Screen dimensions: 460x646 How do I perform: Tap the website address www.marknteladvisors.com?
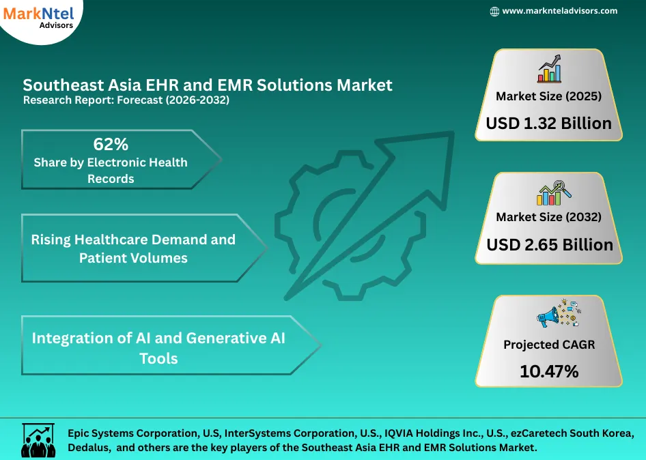559,11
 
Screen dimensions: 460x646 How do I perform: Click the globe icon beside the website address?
494,12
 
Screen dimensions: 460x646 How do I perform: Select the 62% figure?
111,144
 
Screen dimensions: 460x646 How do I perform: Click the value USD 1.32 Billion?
548,124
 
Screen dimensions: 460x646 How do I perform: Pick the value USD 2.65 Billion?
549,244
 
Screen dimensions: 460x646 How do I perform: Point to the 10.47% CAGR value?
548,371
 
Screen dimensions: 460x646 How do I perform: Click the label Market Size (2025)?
548,96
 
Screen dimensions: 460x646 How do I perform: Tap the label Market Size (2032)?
548,217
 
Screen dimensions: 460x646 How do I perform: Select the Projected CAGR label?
548,345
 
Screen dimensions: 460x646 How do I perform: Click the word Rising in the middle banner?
51,240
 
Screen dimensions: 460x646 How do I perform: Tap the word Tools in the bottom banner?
158,358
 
